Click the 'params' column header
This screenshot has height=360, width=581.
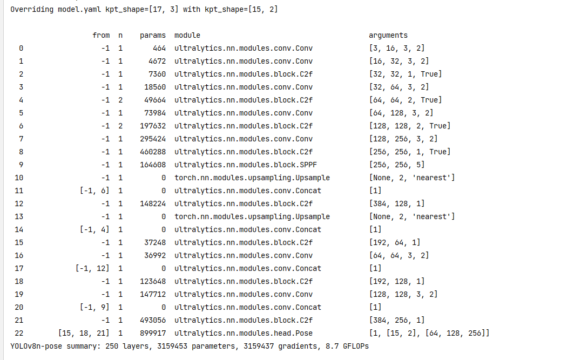point(152,35)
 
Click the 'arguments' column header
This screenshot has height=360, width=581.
point(388,35)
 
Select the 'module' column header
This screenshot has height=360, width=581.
point(187,35)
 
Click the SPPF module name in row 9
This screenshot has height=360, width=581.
point(243,165)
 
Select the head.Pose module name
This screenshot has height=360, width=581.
point(243,333)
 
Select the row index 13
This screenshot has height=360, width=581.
point(21,216)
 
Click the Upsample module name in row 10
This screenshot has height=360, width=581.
point(252,178)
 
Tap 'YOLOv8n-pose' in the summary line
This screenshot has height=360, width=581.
point(36,346)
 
